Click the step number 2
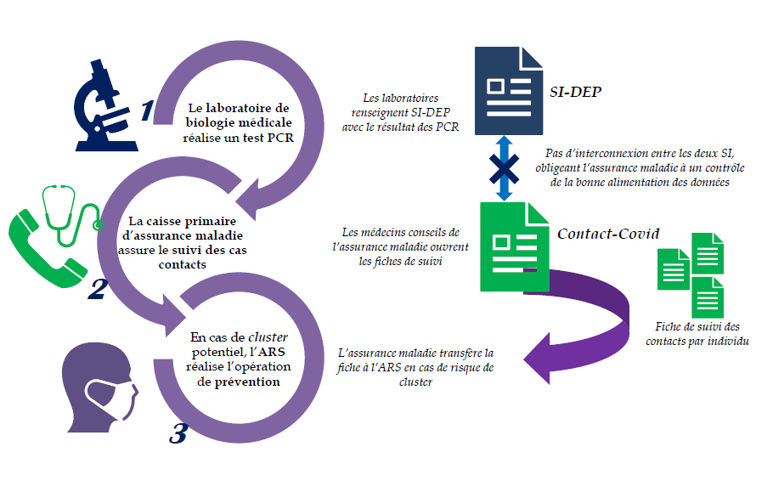pos(97,290)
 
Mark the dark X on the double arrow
pos(504,167)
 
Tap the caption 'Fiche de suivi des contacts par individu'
pos(697,334)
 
